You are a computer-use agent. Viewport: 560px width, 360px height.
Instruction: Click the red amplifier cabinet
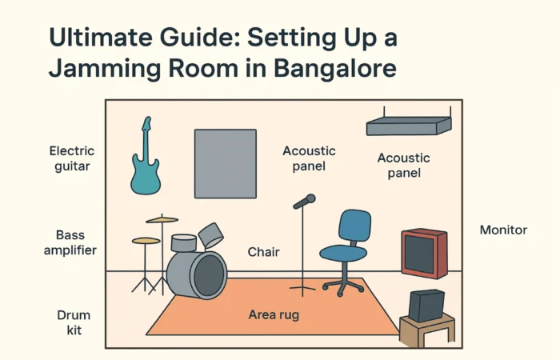click(423, 252)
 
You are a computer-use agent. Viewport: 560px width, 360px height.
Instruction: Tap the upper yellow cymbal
click(162, 219)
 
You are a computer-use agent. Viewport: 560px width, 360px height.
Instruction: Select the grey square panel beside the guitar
click(226, 163)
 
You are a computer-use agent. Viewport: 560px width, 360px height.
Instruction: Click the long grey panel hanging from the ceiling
click(408, 126)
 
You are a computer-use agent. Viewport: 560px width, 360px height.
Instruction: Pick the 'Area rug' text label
click(274, 315)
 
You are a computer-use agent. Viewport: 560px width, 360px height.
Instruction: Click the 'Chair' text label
click(262, 252)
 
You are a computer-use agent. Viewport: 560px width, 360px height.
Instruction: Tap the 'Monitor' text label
click(503, 230)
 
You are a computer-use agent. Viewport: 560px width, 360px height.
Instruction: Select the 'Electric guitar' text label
click(72, 158)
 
